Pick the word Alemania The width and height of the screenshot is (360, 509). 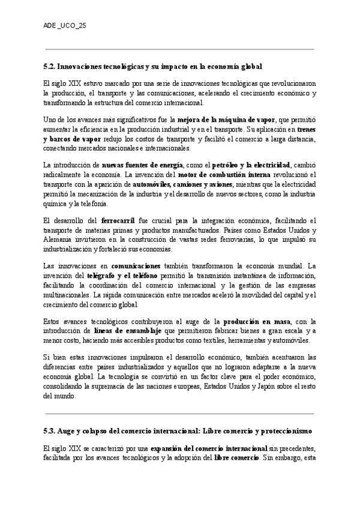point(58,240)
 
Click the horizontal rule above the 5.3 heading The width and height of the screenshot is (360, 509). point(180,413)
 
